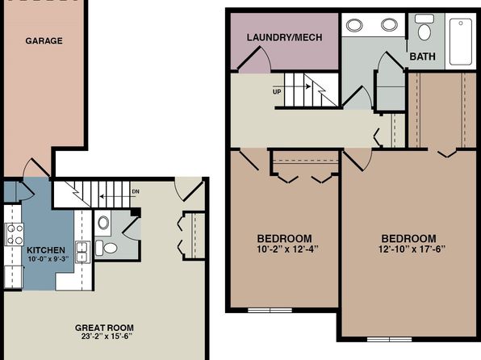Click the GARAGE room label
(x=44, y=41)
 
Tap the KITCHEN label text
(x=46, y=250)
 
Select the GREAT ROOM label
(x=104, y=328)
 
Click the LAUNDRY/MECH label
(x=284, y=37)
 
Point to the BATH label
(x=422, y=57)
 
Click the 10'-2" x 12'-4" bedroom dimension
(x=287, y=249)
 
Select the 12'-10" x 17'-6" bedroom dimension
(x=412, y=249)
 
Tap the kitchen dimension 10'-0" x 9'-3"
(x=48, y=259)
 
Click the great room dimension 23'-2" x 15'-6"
(x=107, y=337)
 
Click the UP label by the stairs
(x=277, y=92)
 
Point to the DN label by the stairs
(x=136, y=191)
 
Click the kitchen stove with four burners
(x=15, y=234)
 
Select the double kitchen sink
(x=82, y=253)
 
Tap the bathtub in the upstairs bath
(x=461, y=42)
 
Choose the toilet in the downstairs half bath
(x=107, y=248)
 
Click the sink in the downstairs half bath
(x=103, y=223)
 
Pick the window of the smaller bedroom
(x=270, y=310)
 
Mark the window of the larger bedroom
(x=389, y=339)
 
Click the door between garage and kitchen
(x=37, y=168)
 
